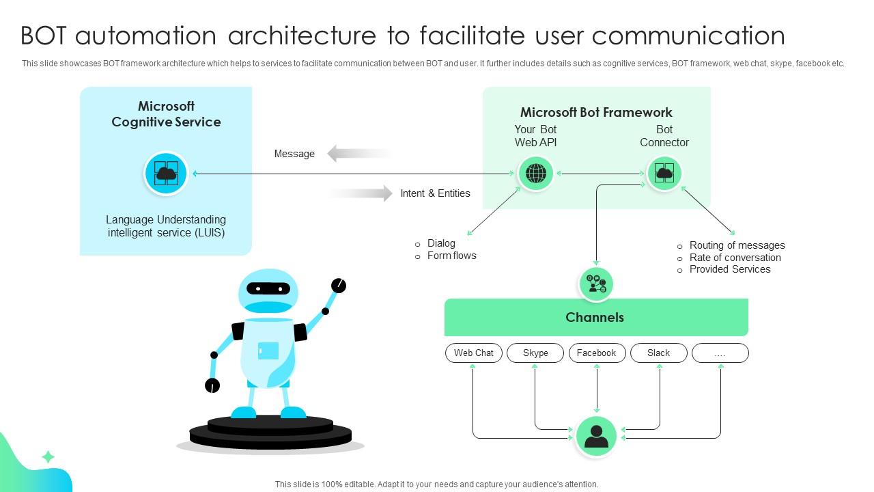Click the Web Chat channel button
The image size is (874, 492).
point(474,353)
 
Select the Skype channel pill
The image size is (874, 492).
point(535,353)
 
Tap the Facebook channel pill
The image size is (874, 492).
point(597,353)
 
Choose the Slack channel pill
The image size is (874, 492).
point(658,353)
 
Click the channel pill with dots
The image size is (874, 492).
point(720,353)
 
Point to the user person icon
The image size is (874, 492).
point(596,436)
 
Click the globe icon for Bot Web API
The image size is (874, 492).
point(536,174)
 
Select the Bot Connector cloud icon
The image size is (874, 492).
point(664,174)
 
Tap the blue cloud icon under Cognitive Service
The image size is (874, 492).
point(166,174)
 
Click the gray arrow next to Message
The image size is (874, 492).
point(359,154)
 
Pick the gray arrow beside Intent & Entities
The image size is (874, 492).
point(362,193)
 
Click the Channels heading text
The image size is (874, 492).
point(595,317)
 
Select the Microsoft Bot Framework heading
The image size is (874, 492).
point(596,112)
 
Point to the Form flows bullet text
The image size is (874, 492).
point(451,256)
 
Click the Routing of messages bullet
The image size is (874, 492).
point(737,245)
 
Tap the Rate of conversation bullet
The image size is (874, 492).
point(735,258)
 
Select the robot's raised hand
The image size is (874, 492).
point(338,286)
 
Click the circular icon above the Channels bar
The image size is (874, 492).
point(596,284)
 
